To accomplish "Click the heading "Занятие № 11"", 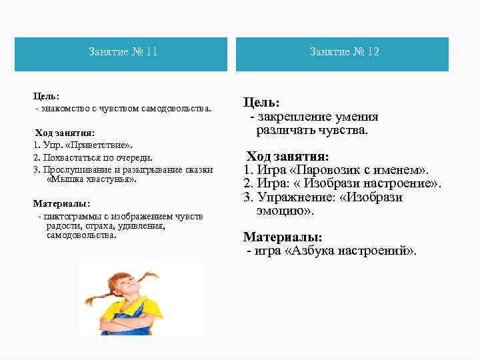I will click(123, 52).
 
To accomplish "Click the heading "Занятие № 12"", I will click(344, 52).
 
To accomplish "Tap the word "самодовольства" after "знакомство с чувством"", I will click(176, 108).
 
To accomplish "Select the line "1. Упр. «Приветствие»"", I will click(83, 145).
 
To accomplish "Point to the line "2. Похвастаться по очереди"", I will click(93, 157).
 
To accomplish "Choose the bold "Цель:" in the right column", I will click(261, 103).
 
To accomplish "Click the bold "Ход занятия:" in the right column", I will click(287, 157).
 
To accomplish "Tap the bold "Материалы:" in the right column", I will click(283, 237).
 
